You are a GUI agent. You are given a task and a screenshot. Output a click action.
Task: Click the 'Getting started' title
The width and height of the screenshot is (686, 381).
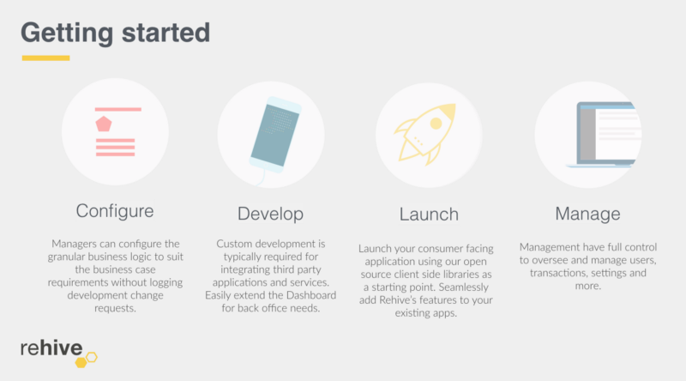[116, 33]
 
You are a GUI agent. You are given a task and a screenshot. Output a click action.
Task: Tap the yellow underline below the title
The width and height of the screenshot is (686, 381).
[46, 57]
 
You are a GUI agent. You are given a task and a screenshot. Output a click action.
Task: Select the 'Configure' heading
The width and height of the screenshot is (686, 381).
[115, 211]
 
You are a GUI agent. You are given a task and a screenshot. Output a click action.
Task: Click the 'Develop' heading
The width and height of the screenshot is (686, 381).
[270, 214]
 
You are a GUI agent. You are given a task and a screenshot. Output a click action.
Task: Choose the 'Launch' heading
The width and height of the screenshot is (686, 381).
[429, 215]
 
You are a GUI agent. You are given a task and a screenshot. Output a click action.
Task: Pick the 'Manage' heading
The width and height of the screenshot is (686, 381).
[587, 214]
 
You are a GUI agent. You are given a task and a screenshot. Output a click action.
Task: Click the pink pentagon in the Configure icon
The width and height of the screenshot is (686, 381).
[104, 124]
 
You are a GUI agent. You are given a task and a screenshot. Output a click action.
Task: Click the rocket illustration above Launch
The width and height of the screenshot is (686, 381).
[424, 134]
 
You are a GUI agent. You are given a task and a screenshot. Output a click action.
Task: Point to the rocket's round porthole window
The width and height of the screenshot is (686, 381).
[436, 124]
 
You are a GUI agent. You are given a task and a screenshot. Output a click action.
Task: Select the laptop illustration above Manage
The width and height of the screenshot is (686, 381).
[604, 135]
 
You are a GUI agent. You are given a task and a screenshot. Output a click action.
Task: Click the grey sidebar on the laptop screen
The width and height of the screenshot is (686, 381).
[588, 135]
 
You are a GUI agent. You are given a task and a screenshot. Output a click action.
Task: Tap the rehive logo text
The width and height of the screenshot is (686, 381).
[51, 348]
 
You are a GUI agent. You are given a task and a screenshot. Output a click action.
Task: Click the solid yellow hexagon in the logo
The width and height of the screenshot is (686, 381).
[81, 362]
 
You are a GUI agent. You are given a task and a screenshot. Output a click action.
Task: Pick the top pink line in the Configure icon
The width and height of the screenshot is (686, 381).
[118, 109]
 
